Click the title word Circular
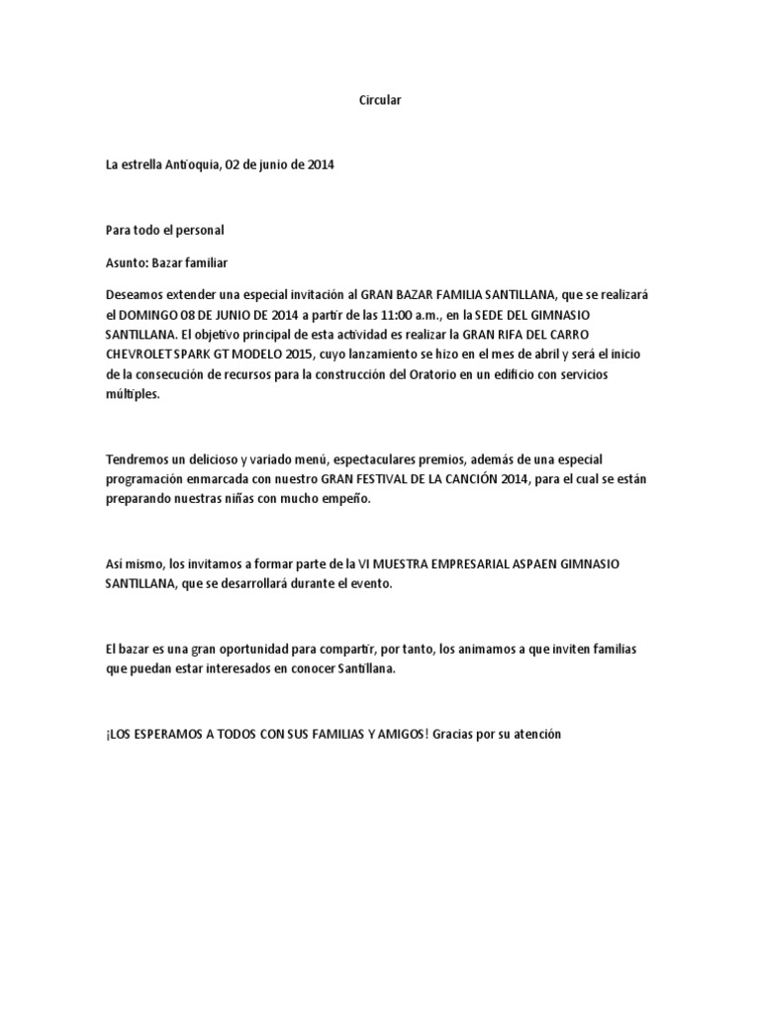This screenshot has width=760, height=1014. point(380,101)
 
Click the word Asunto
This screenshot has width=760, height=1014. point(127,262)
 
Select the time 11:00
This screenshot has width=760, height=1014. point(388,314)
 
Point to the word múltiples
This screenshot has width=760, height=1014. point(131,393)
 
